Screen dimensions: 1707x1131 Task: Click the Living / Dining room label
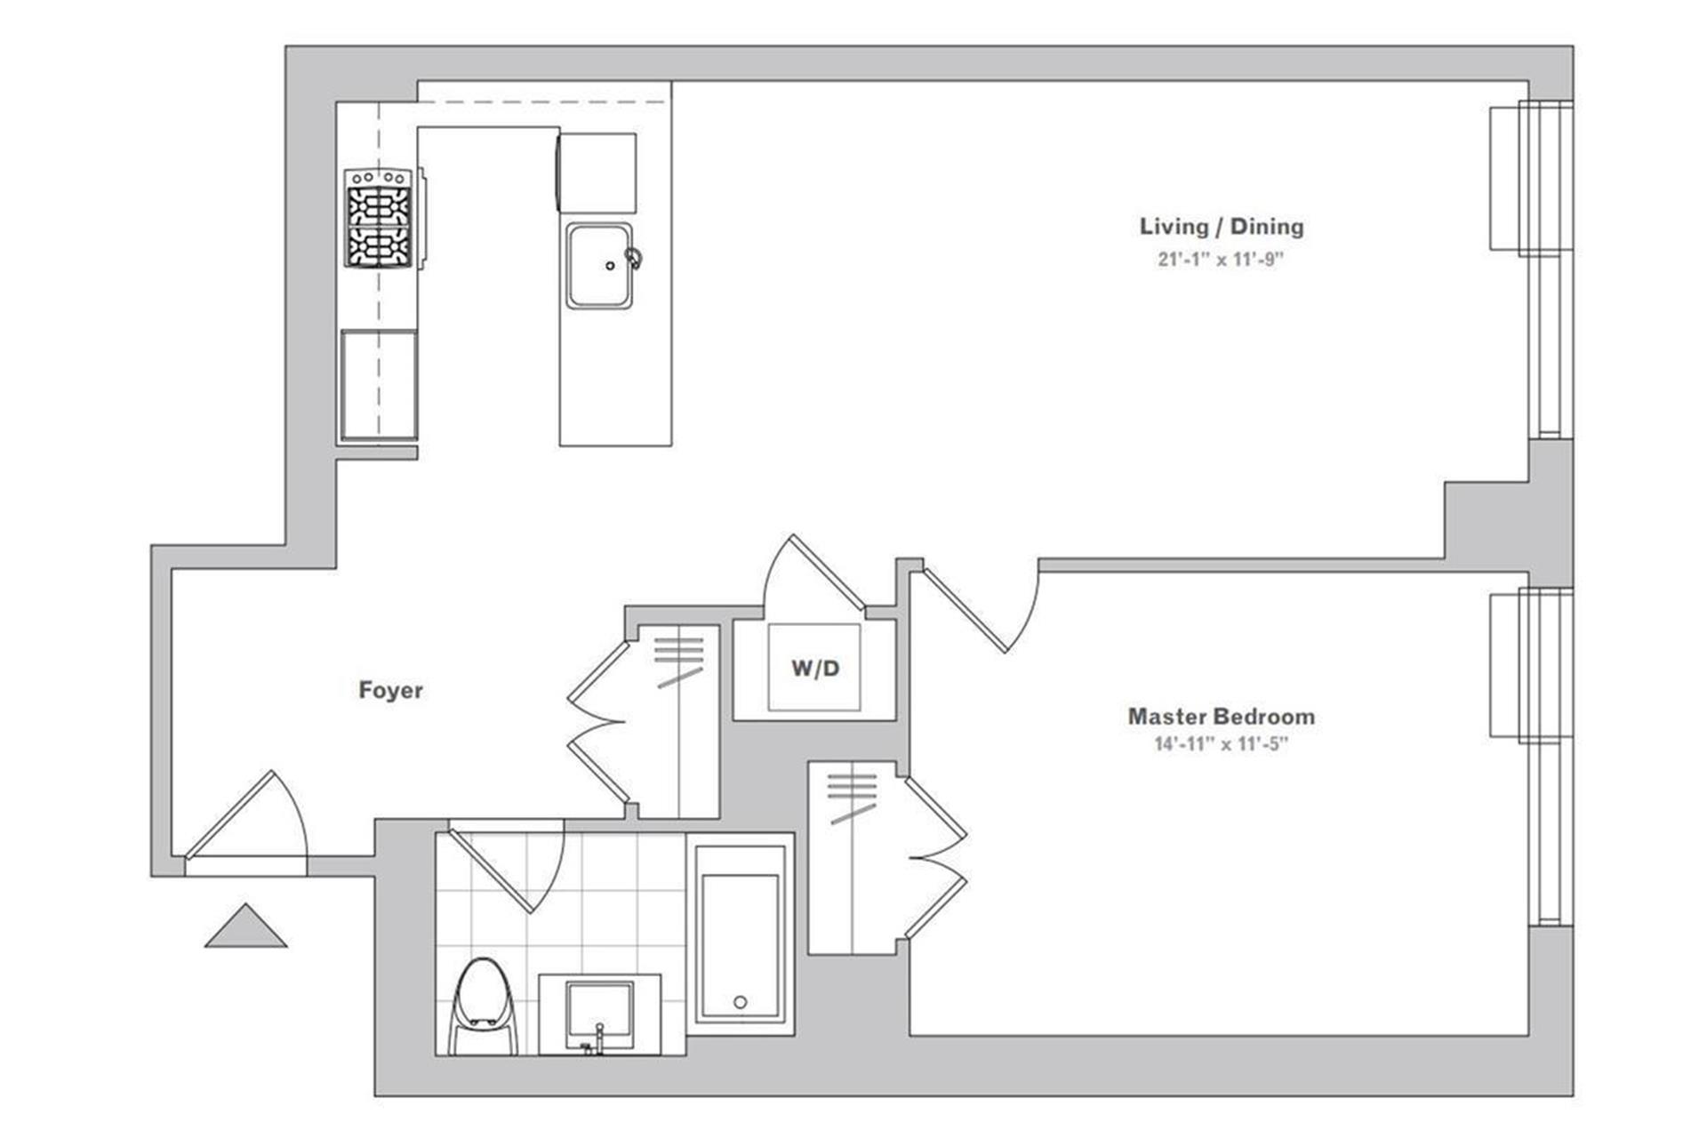click(1222, 227)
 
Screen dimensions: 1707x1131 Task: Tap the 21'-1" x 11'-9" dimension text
click(1222, 260)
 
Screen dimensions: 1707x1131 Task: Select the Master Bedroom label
click(1221, 716)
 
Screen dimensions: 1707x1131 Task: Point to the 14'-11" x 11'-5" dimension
click(1221, 744)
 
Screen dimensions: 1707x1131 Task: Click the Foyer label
click(390, 690)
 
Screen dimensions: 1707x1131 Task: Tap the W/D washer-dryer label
click(815, 668)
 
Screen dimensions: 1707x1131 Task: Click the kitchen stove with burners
click(379, 218)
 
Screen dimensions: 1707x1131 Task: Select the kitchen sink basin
click(600, 265)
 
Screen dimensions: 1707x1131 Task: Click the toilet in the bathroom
click(484, 1007)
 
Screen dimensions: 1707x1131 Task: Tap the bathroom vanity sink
click(600, 1015)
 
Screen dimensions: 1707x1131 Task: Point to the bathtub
click(740, 934)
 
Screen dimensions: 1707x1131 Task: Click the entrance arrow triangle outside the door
click(245, 926)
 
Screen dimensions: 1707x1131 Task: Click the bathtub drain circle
click(740, 1002)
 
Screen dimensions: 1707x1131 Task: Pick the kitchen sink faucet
click(633, 258)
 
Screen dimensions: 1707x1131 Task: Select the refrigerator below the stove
click(379, 385)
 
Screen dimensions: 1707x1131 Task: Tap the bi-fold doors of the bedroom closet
click(936, 858)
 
